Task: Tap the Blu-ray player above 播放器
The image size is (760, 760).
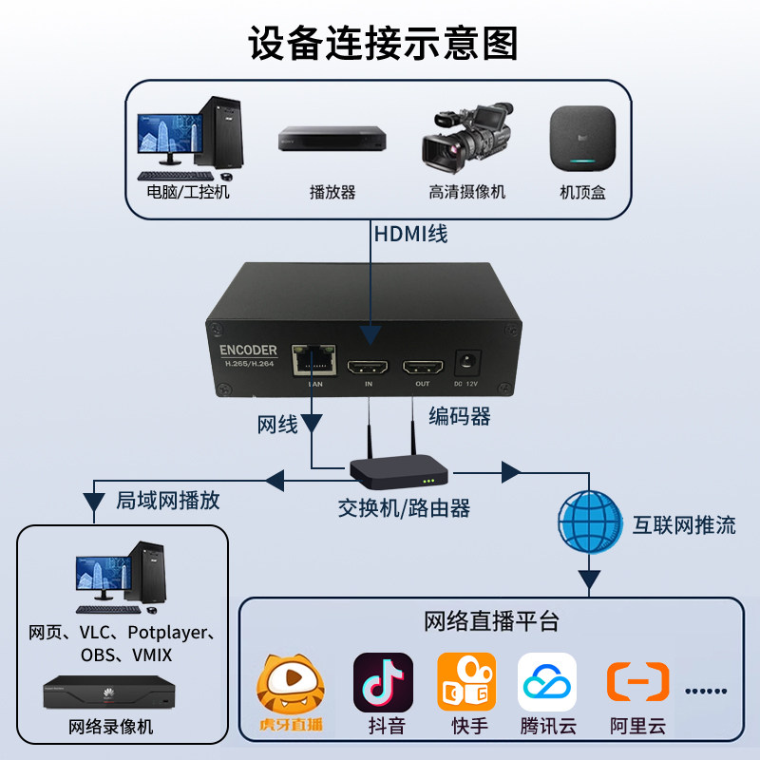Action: click(x=332, y=140)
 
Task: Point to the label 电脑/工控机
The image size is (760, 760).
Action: click(x=188, y=192)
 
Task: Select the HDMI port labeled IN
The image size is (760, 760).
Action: click(x=369, y=365)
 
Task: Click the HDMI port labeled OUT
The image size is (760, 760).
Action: click(x=424, y=365)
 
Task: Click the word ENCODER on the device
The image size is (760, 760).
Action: click(x=242, y=349)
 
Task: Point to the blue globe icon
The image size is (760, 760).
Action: click(x=589, y=521)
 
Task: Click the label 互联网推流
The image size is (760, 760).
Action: click(x=684, y=524)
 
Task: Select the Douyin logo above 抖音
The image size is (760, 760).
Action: click(x=383, y=681)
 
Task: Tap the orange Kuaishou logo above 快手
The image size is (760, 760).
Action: click(x=465, y=681)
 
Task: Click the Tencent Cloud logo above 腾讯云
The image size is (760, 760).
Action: click(x=547, y=681)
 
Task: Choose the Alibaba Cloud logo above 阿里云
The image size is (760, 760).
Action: click(x=637, y=681)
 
